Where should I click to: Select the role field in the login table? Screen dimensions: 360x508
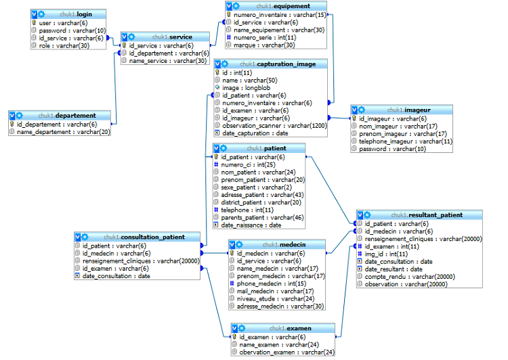point(65,47)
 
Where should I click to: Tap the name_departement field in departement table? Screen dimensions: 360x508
point(63,132)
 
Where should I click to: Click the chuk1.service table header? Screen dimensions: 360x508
point(172,37)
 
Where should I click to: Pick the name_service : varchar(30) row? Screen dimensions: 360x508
point(168,61)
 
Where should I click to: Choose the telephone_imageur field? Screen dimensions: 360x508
point(405,141)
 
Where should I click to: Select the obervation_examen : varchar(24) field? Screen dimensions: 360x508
point(287,352)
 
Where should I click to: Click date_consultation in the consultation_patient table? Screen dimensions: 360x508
point(116,276)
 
